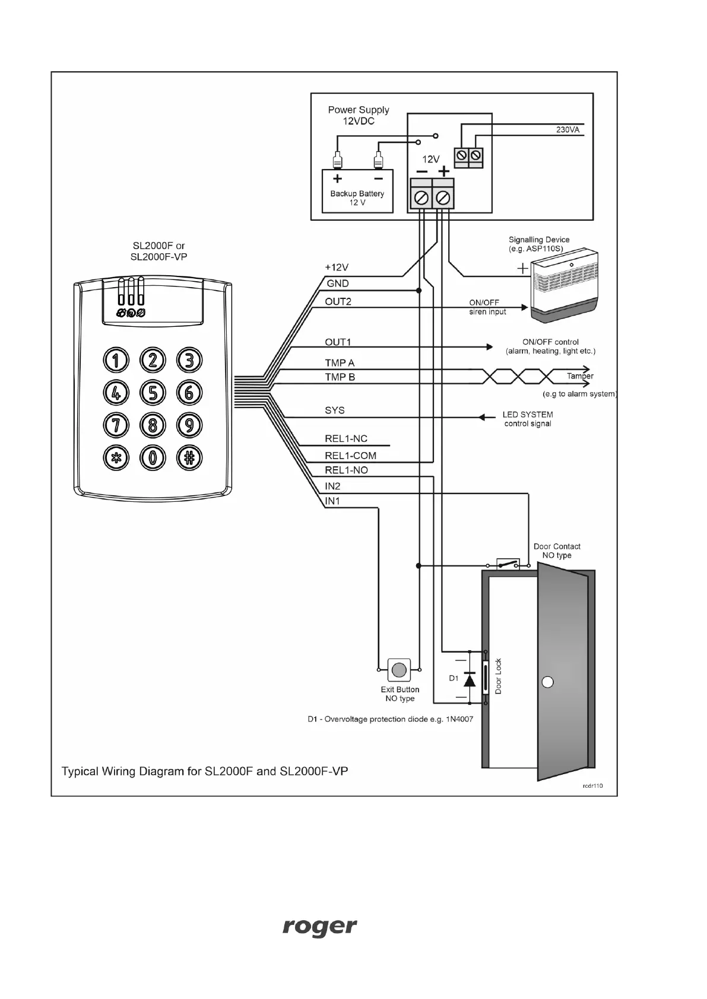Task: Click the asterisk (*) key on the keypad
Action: [116, 457]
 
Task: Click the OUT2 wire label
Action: [338, 301]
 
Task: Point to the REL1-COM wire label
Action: [350, 456]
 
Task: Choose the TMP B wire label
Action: [340, 377]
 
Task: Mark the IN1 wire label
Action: [332, 501]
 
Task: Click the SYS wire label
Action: [334, 410]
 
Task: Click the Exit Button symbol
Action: [399, 670]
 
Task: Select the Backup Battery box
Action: [357, 191]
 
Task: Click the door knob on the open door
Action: [548, 682]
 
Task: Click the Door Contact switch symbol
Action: [508, 564]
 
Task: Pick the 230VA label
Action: [567, 129]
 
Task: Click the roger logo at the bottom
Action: [319, 927]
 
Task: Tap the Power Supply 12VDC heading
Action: [358, 115]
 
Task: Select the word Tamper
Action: [579, 376]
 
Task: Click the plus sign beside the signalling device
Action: [522, 269]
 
